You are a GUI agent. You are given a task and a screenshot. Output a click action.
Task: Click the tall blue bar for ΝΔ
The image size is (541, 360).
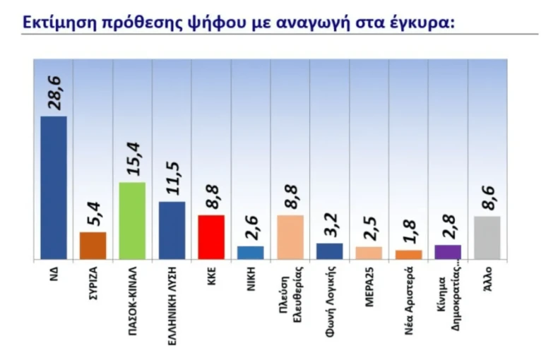[x=54, y=188]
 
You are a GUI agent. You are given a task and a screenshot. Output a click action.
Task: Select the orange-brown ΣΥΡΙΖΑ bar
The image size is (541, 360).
[x=93, y=246]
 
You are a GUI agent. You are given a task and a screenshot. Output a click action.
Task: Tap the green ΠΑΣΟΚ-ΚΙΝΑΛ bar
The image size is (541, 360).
[x=132, y=221]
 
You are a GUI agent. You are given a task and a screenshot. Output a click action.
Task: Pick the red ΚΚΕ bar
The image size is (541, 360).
[x=211, y=237]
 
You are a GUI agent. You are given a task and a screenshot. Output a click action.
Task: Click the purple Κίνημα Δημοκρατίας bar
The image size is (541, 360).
[x=448, y=252]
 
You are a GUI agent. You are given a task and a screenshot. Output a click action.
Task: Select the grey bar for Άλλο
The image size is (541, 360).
[x=487, y=238]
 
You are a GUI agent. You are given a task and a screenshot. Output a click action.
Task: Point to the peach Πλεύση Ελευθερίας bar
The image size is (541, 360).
[x=290, y=237]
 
